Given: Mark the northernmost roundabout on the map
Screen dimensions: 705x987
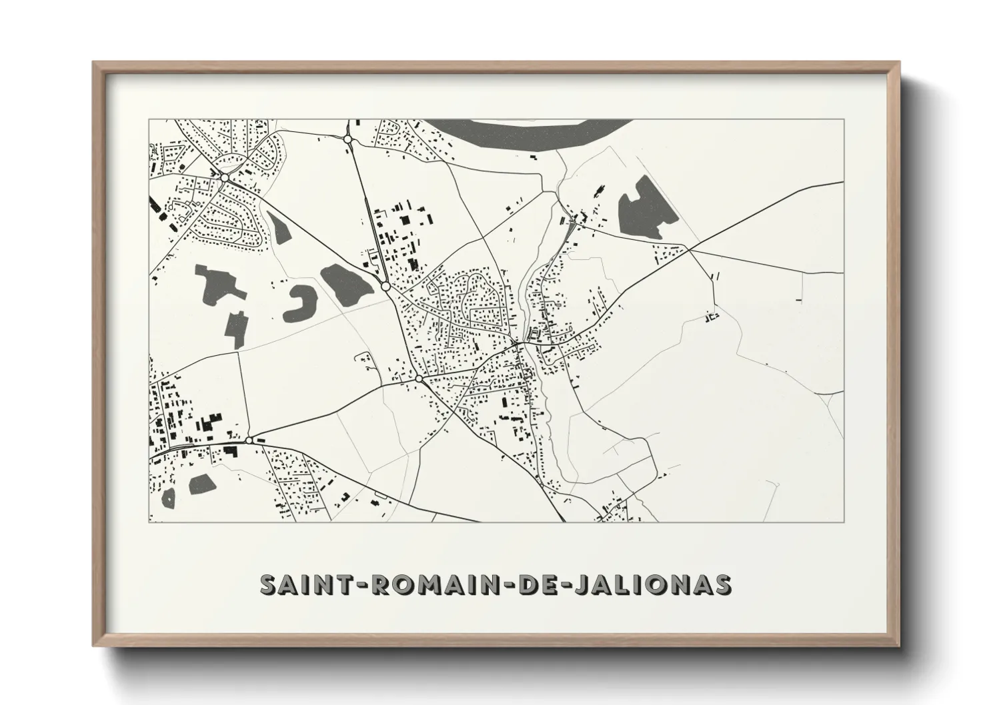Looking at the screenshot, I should [347, 139].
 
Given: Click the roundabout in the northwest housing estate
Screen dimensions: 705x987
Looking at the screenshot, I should [225, 177].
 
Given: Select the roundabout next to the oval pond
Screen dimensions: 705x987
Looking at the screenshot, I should [385, 286].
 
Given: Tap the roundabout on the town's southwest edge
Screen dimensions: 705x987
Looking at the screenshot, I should [419, 378].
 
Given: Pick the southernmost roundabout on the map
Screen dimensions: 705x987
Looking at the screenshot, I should [249, 440].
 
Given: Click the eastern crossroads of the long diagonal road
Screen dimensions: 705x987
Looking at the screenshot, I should [690, 250].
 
